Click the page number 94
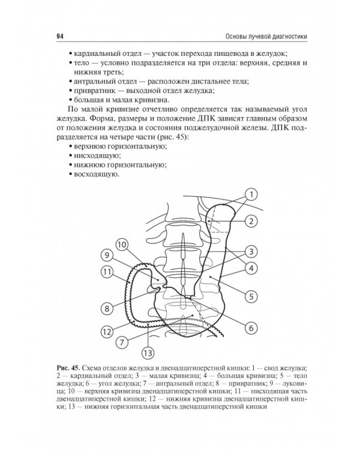coord(60,37)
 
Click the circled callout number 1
coord(251,194)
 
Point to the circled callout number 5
coord(251,296)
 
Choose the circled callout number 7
coord(121,343)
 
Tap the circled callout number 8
coord(108,310)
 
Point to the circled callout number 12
coord(107,330)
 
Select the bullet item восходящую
coord(96,175)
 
